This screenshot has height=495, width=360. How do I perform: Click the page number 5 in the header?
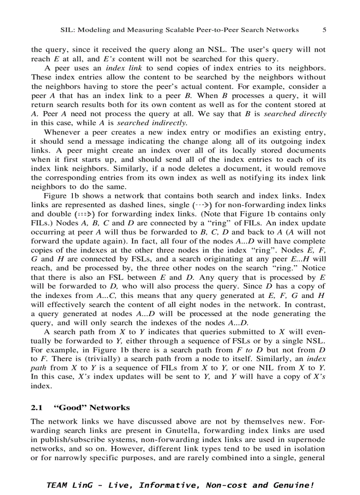[324, 30]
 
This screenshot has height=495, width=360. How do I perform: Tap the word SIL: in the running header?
[67, 30]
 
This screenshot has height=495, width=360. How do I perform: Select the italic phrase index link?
[124, 68]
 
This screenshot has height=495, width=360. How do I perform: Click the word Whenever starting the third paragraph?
[62, 132]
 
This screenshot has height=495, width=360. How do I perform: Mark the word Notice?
[314, 268]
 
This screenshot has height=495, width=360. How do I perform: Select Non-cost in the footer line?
[221, 485]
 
